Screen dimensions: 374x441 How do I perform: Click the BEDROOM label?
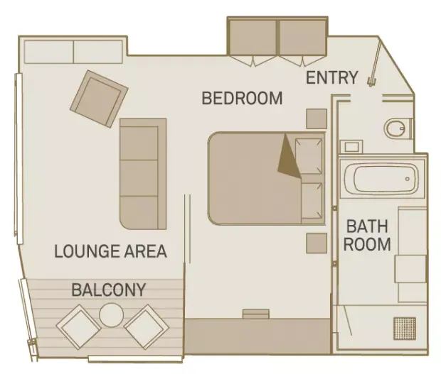point(242,98)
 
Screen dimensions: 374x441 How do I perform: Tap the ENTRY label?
point(331,77)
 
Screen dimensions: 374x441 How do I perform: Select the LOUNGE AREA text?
point(110,251)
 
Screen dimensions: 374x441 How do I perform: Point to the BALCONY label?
point(108,290)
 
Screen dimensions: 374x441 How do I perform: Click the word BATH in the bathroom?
point(366,226)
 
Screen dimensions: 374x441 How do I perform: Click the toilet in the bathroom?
point(396,128)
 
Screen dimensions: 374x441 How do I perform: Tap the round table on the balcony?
point(112,314)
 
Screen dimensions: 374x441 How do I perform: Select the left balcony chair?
point(79,326)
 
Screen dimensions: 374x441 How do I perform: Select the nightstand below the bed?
point(317,243)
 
